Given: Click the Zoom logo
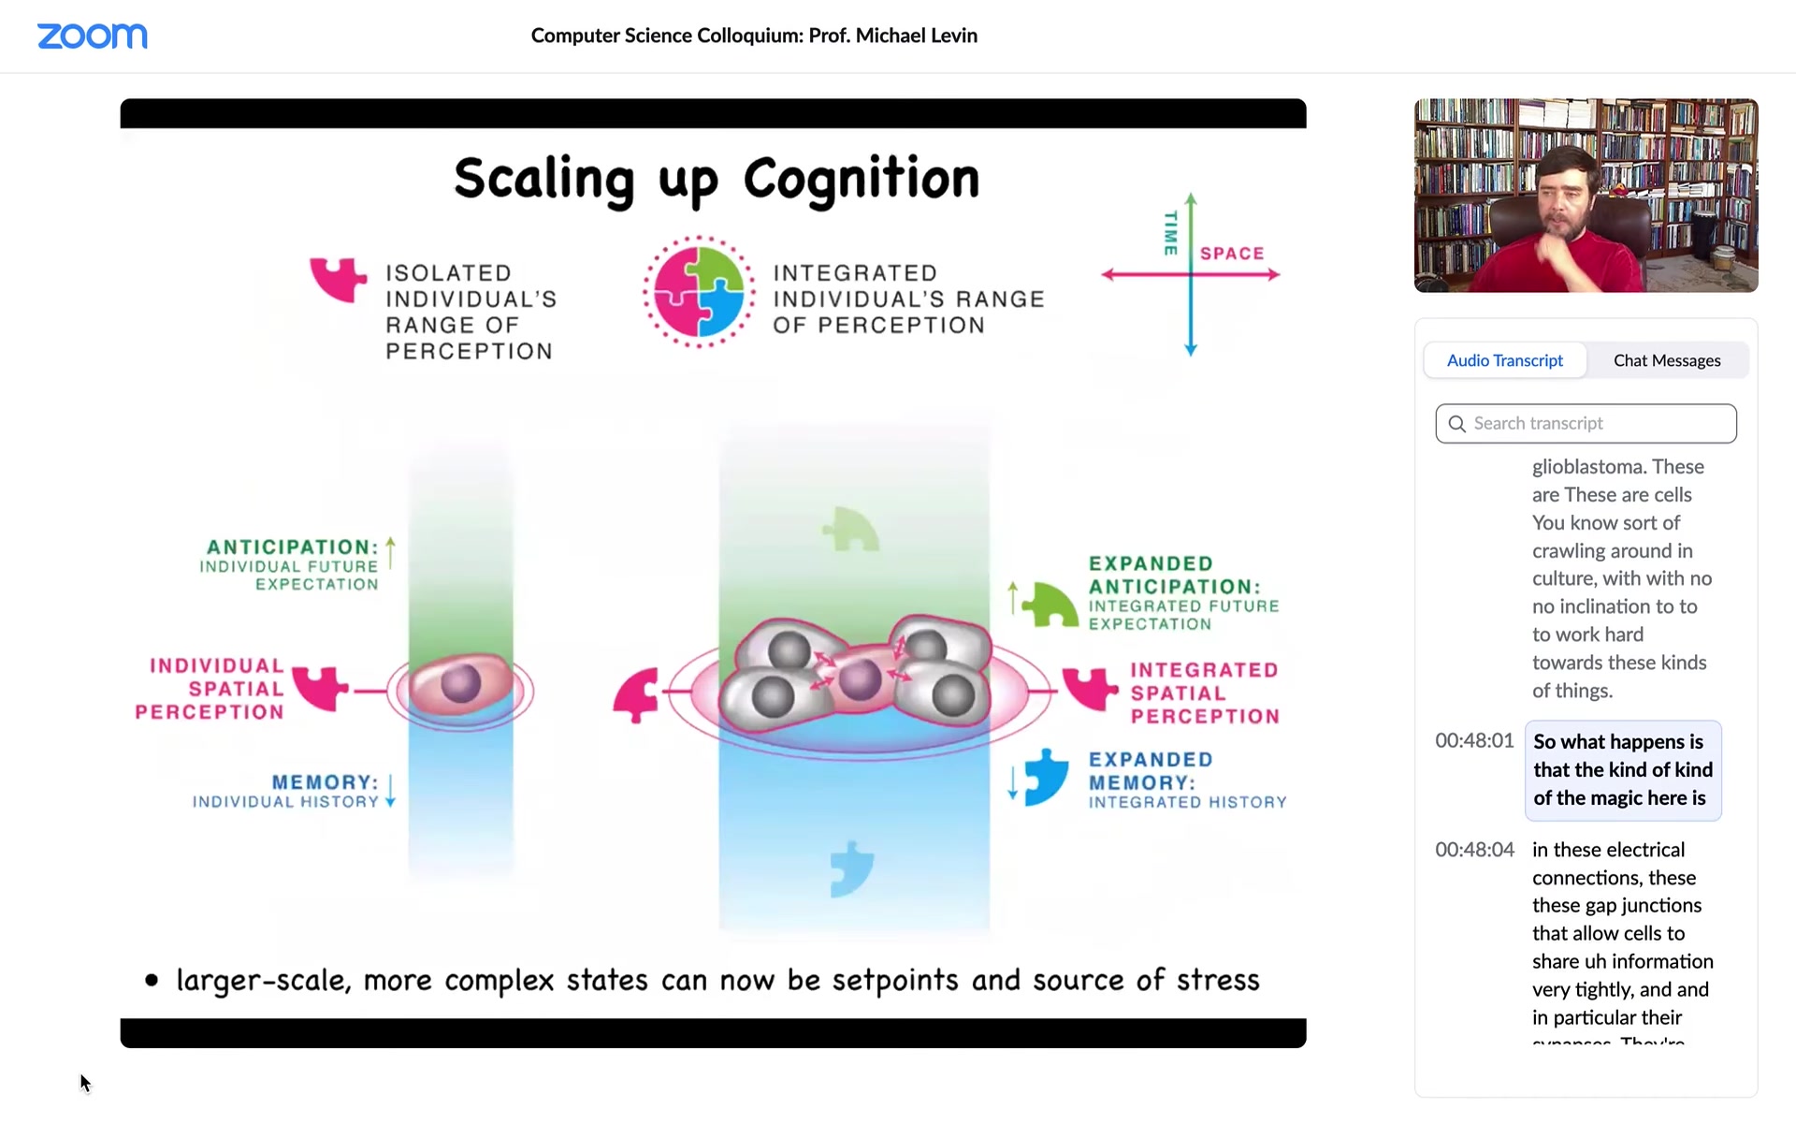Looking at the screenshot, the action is (x=93, y=36).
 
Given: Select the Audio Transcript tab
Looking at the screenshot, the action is (x=1504, y=360).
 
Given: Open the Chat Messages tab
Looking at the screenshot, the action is (x=1667, y=360).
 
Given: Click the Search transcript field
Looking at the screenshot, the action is (x=1586, y=423).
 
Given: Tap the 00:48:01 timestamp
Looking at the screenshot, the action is (x=1474, y=740).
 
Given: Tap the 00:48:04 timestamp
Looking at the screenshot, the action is (x=1474, y=850).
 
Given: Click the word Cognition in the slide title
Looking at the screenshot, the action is (x=862, y=179).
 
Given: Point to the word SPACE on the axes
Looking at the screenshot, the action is (x=1232, y=254).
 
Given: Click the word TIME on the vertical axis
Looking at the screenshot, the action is (x=1170, y=233).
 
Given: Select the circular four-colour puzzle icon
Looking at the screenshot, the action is (x=699, y=292).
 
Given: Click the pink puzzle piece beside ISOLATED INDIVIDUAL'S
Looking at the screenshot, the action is (x=338, y=279).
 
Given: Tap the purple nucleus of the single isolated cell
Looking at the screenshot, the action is (x=460, y=684).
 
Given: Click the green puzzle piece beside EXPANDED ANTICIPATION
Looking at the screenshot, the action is (x=1050, y=605).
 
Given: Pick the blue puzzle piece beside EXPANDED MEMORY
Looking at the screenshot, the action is (x=1046, y=777).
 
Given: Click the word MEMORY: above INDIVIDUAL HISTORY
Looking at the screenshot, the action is (x=325, y=782).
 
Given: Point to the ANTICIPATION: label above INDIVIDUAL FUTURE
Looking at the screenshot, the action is (x=292, y=547).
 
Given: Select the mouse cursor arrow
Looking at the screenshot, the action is (x=85, y=1083).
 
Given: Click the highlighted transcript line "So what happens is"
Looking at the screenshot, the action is (x=1618, y=742).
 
